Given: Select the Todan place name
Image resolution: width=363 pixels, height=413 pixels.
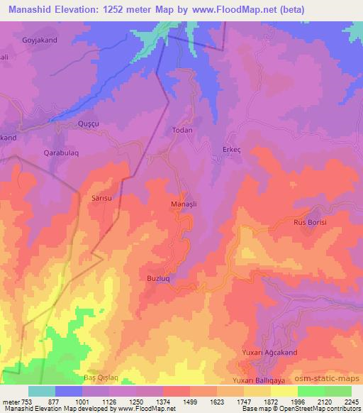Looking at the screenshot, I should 183,131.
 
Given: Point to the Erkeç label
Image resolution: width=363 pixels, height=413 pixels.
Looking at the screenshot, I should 232,149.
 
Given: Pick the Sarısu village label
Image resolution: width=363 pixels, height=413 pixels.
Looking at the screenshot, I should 104,199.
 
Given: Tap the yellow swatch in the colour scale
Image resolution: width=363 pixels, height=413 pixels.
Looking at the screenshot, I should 284,391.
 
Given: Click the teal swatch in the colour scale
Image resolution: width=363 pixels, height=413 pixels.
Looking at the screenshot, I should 42,391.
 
